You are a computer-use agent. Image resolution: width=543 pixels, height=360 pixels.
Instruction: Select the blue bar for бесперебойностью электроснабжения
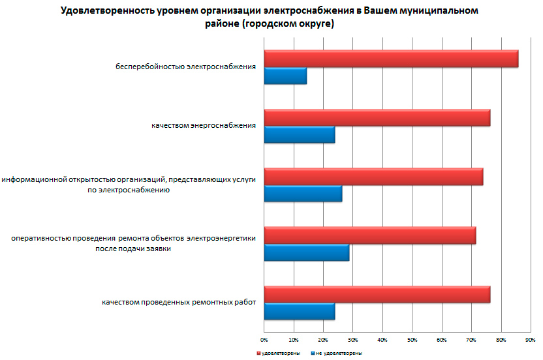(285, 76)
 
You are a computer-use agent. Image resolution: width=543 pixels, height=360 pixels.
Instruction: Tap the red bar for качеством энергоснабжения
(377, 118)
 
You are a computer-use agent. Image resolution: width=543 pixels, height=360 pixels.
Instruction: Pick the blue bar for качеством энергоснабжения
(300, 134)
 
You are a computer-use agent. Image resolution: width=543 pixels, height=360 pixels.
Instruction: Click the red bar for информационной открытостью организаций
(373, 177)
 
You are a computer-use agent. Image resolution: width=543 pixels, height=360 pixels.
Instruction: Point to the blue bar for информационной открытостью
(303, 194)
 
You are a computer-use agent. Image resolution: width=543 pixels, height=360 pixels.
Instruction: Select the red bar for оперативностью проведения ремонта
(369, 235)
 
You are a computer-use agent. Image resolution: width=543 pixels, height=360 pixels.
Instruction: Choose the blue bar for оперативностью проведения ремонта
(307, 252)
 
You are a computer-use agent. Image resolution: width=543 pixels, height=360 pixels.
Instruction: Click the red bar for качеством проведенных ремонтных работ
(377, 295)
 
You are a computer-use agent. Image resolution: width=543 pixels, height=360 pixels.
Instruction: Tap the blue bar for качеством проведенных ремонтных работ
(300, 311)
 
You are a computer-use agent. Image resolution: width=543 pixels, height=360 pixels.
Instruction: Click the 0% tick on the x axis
(264, 340)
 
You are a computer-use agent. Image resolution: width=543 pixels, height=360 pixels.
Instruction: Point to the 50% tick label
(412, 340)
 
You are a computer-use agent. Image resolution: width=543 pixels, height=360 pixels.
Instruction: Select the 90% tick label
(530, 340)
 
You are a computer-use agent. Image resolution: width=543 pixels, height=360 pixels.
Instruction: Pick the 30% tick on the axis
(352, 340)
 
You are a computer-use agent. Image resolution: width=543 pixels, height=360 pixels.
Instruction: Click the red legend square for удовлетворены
(258, 353)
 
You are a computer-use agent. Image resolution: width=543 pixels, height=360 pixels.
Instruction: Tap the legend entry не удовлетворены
(338, 353)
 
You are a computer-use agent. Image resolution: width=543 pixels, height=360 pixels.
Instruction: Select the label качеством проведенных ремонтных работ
(178, 303)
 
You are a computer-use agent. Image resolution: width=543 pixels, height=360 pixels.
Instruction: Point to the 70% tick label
(471, 340)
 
